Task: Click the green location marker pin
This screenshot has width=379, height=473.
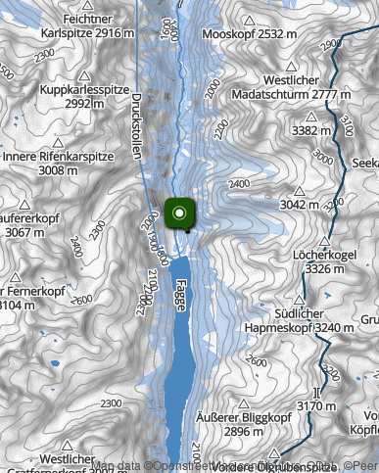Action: [180, 213]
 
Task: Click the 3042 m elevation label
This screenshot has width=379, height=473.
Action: [300, 205]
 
